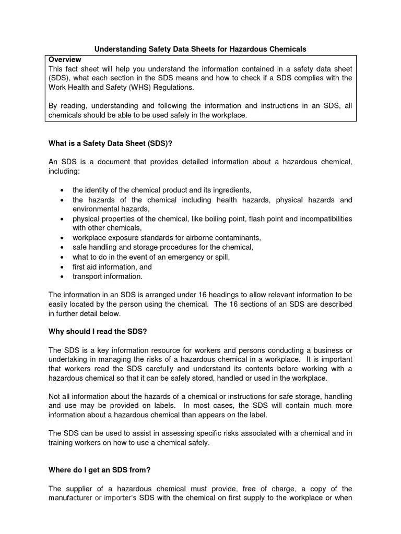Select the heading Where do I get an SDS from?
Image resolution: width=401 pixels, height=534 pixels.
coord(99,470)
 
